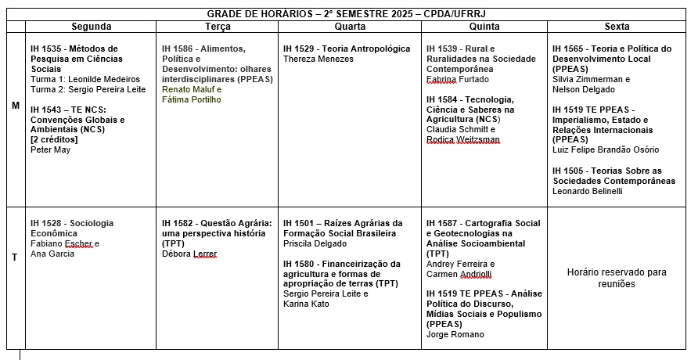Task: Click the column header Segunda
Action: click(x=91, y=27)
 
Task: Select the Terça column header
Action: click(x=217, y=27)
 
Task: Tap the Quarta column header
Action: click(x=349, y=27)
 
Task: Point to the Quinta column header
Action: click(x=484, y=27)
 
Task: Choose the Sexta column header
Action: click(x=617, y=27)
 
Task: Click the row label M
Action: click(x=16, y=105)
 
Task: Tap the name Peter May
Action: click(x=50, y=149)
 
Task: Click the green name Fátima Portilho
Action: click(x=192, y=99)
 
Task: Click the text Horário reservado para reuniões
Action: click(x=617, y=278)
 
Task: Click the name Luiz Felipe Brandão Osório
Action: click(x=606, y=149)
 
